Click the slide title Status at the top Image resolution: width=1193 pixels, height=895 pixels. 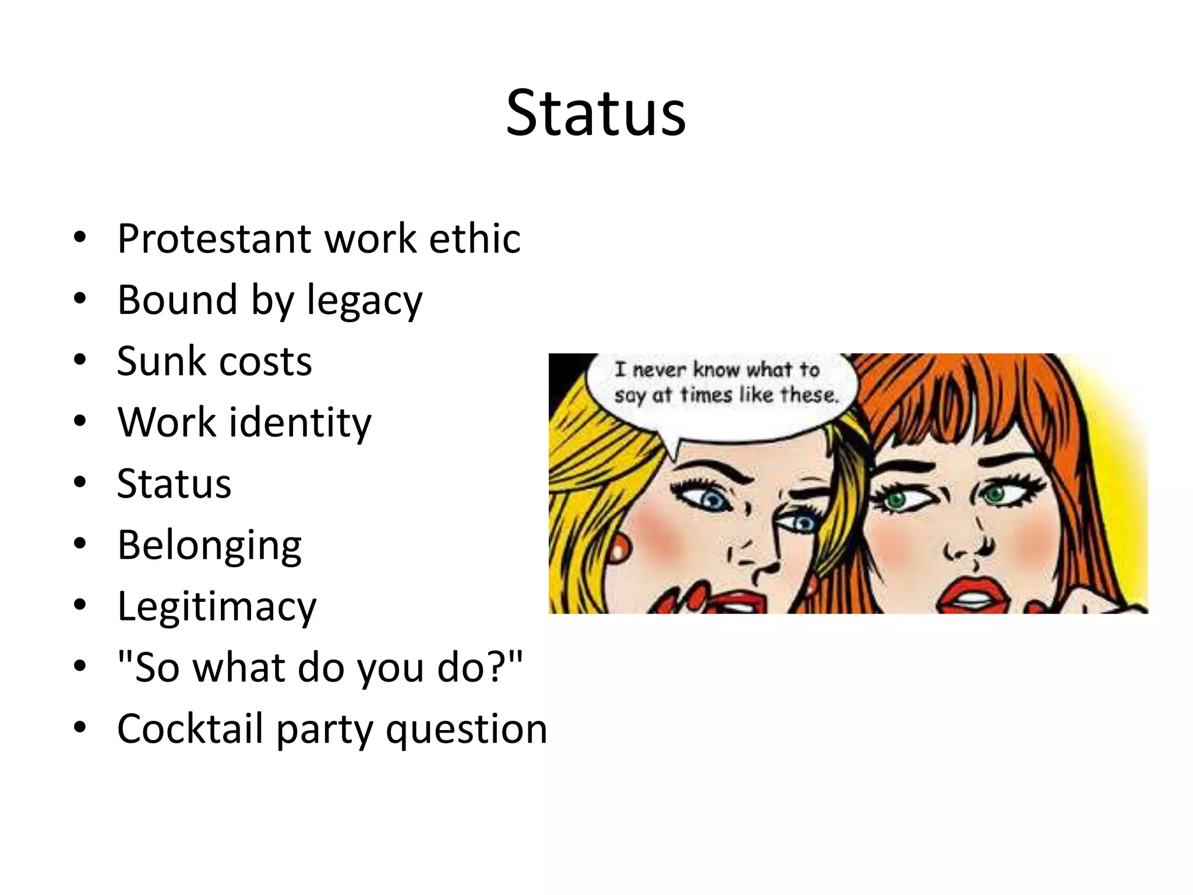pyautogui.click(x=595, y=114)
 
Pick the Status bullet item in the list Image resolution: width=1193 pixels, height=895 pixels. pyautogui.click(x=174, y=484)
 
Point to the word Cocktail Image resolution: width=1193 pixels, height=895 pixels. pyautogui.click(x=190, y=728)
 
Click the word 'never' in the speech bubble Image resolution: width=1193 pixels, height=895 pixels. pyautogui.click(x=659, y=369)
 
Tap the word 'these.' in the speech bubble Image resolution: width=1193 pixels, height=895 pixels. pyautogui.click(x=810, y=395)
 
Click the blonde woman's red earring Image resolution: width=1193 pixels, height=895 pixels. pyautogui.click(x=621, y=546)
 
